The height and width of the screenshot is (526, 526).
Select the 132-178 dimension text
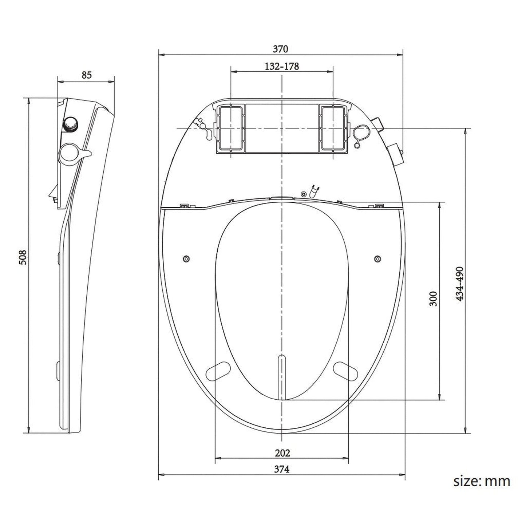[x=282, y=66]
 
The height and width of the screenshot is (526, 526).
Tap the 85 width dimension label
[x=86, y=75]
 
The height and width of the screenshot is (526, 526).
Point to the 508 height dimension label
[x=23, y=257]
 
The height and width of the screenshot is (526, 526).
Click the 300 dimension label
[x=433, y=298]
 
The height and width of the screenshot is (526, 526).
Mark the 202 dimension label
[x=282, y=453]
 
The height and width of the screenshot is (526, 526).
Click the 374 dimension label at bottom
[x=282, y=469]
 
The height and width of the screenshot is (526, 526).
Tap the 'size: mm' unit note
[x=482, y=481]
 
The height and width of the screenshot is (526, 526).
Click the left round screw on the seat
[x=186, y=258]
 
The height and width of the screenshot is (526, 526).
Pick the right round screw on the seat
[x=377, y=258]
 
